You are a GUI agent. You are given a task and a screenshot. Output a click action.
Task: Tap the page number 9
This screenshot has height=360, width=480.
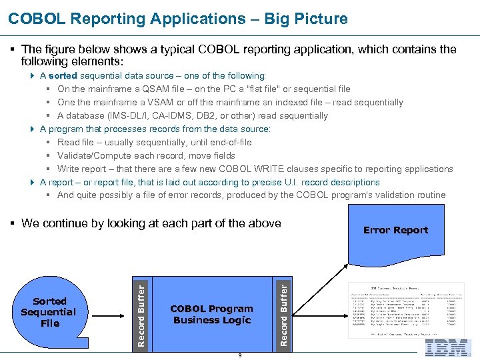pyautogui.click(x=240, y=355)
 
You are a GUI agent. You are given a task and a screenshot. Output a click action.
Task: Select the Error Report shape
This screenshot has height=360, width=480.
pyautogui.click(x=395, y=230)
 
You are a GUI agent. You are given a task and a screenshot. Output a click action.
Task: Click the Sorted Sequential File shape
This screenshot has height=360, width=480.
pyautogui.click(x=49, y=312)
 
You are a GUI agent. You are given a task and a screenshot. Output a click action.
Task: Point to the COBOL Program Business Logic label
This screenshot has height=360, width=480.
pyautogui.click(x=211, y=314)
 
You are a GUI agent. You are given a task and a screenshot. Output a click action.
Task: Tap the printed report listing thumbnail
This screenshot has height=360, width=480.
pyautogui.click(x=406, y=311)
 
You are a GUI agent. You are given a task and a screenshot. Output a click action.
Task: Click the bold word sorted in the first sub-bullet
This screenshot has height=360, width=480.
pyautogui.click(x=63, y=76)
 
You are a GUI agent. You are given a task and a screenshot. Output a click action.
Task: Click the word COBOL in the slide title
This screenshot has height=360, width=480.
pyautogui.click(x=33, y=19)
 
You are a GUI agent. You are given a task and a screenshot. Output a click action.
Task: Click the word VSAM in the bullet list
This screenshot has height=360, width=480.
pyautogui.click(x=151, y=103)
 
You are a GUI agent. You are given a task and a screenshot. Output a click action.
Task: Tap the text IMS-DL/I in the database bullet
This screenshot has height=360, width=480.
pyautogui.click(x=144, y=116)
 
